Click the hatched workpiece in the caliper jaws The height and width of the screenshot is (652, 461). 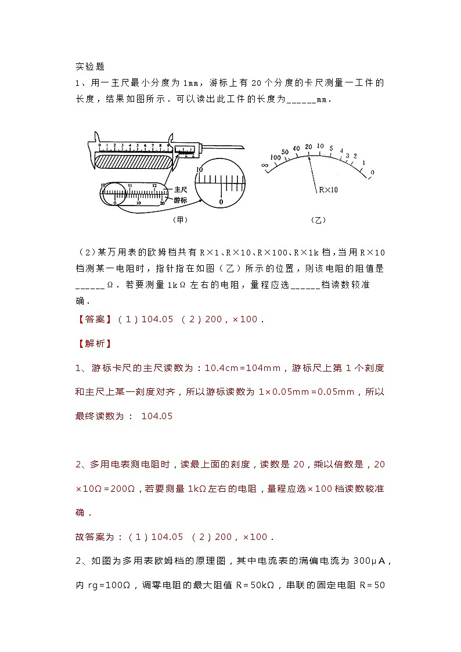[133, 160]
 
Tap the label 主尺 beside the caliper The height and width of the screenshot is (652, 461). [181, 189]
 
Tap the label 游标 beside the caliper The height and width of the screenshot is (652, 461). [181, 199]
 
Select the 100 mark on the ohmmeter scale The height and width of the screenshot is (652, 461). [275, 157]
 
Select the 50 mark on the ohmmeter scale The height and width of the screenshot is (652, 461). [285, 152]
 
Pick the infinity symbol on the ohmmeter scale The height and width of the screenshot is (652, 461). [265, 166]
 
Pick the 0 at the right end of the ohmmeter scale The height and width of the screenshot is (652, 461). [372, 172]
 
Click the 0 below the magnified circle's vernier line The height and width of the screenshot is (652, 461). [221, 201]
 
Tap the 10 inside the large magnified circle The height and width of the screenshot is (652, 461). [200, 169]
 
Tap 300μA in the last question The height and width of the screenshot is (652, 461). [370, 561]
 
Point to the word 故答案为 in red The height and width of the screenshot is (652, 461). [96, 537]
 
